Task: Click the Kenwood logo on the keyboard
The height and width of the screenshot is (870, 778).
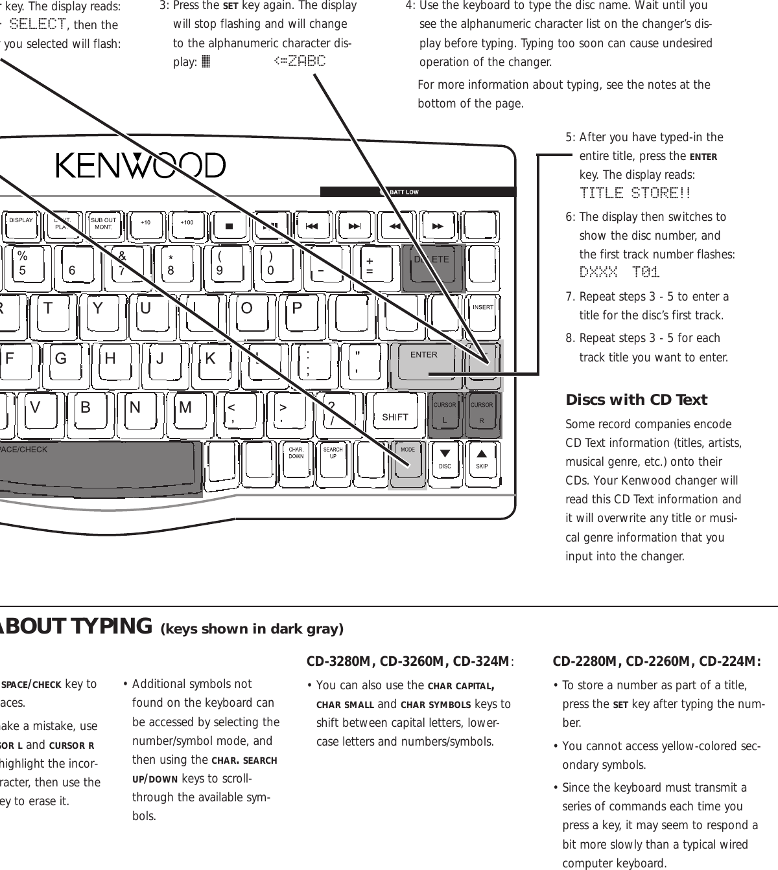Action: (x=141, y=166)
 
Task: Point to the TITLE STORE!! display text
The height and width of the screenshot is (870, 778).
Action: (x=635, y=194)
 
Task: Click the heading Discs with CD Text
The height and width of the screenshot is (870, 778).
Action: (x=636, y=400)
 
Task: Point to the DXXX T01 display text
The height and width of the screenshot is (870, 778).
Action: (x=619, y=273)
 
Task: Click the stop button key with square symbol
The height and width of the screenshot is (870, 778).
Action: (x=229, y=225)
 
